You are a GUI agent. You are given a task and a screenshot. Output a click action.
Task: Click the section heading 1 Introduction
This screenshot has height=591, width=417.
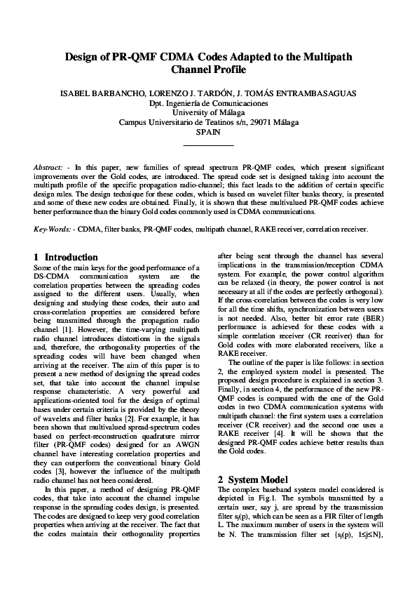tap(66, 258)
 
